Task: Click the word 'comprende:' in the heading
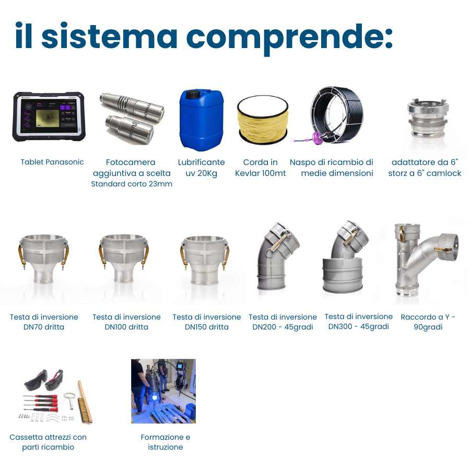tap(289, 37)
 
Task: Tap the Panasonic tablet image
tap(49, 117)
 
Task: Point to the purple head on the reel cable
tap(316, 138)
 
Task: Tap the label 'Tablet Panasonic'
tap(52, 162)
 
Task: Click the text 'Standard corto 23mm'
tap(132, 184)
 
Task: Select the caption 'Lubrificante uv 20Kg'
tap(201, 168)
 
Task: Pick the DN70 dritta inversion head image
tap(44, 258)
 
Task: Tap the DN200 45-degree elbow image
tap(278, 256)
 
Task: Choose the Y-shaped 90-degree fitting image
tap(426, 260)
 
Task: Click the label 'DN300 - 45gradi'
tap(358, 326)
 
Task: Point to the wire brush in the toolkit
tap(85, 402)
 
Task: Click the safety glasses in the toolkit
tap(44, 380)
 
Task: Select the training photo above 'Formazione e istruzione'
tap(163, 391)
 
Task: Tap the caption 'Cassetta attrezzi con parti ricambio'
tap(48, 442)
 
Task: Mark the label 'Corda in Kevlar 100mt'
tap(260, 168)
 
